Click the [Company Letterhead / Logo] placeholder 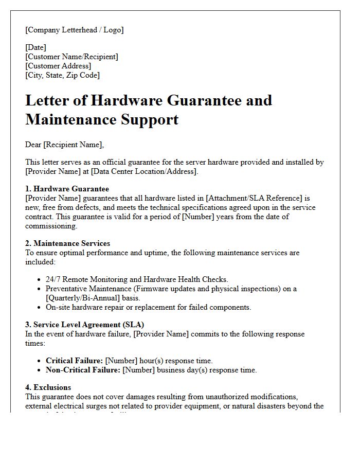(x=75, y=30)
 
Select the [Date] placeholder (x=35, y=47)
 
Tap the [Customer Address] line (x=58, y=66)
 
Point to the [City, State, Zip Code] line (x=62, y=75)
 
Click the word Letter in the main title (x=49, y=100)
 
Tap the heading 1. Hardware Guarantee (x=67, y=189)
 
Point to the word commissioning (x=51, y=226)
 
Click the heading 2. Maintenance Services (x=67, y=243)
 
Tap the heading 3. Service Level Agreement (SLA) (x=84, y=325)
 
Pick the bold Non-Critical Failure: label (x=83, y=370)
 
